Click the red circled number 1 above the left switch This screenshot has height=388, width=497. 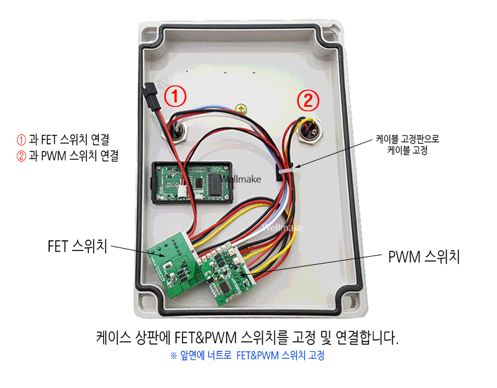176,97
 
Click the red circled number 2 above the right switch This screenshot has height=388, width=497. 309,99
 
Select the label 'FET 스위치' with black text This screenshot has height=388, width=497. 77,246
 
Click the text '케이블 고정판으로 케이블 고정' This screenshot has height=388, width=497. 408,145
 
